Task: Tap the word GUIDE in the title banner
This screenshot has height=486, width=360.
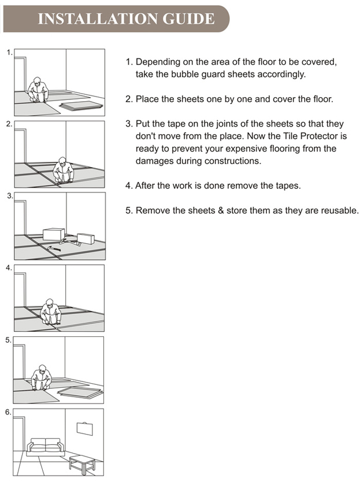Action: (x=188, y=18)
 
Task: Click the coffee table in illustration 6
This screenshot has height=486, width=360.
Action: (x=81, y=462)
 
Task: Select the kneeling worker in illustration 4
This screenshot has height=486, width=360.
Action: (x=50, y=313)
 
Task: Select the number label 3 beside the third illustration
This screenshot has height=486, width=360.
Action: (x=9, y=196)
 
